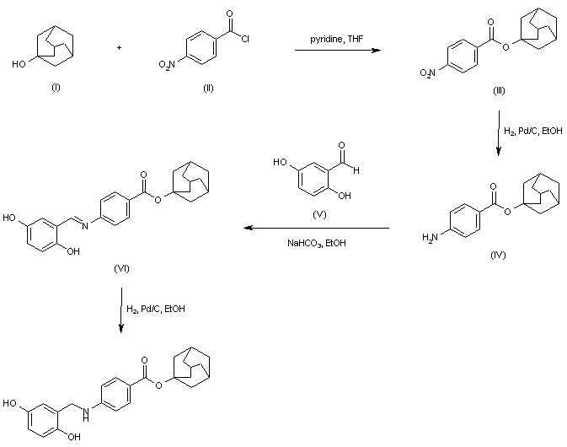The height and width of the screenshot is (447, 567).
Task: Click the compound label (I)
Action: point(56,89)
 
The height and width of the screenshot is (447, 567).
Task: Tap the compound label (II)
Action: point(208,89)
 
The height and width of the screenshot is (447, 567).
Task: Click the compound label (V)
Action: point(318,214)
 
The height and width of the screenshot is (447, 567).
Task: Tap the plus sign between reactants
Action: point(119,47)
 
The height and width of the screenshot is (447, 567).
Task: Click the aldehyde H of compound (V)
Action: point(357,170)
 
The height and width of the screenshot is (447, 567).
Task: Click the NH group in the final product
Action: point(88,387)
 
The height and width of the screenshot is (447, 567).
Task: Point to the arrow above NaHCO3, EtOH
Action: point(316,228)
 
